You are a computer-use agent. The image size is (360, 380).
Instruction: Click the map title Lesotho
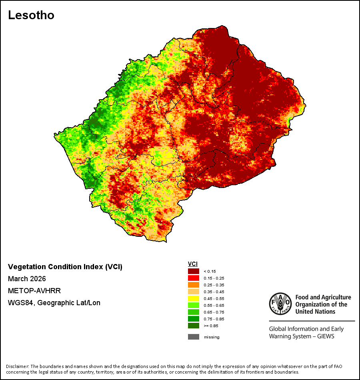click(31, 15)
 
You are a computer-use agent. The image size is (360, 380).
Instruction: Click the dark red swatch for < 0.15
click(194, 271)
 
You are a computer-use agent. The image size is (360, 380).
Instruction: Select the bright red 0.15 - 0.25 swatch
click(194, 278)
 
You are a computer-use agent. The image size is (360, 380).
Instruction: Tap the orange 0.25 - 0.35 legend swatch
click(194, 285)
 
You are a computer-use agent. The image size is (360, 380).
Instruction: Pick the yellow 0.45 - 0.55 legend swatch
click(194, 298)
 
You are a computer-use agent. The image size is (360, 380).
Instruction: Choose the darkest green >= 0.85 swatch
click(194, 326)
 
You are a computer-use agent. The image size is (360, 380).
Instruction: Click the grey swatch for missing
click(194, 337)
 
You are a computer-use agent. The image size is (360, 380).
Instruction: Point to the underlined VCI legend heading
click(192, 264)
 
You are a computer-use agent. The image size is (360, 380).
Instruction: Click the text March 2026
click(27, 278)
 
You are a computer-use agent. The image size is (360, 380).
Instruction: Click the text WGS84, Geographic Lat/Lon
click(54, 303)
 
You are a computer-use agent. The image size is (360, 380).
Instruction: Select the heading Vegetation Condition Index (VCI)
click(65, 267)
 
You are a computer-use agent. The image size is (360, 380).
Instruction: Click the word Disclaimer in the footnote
click(17, 366)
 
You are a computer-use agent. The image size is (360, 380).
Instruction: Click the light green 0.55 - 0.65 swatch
click(194, 305)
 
